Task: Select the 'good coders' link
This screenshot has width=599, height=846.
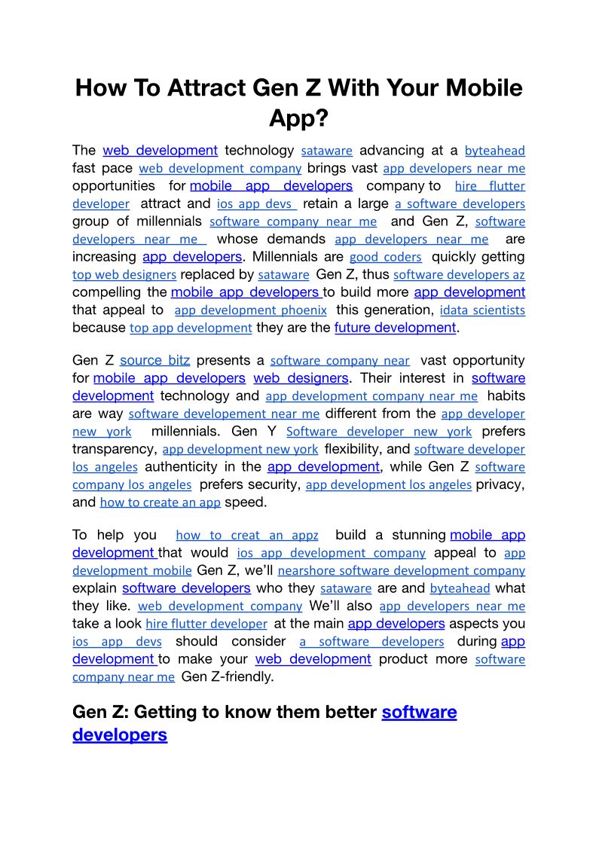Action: tap(385, 257)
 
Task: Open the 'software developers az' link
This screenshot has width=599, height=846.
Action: tap(459, 275)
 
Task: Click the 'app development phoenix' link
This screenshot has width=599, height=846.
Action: tap(250, 310)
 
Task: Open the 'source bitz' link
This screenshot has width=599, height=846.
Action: tap(154, 361)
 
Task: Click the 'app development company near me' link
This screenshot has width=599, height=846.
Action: tap(371, 396)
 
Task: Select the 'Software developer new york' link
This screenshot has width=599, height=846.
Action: tap(379, 432)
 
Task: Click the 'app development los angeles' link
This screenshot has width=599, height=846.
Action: tap(388, 484)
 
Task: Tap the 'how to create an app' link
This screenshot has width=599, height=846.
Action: tap(160, 502)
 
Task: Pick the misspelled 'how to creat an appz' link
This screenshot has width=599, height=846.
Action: tap(246, 536)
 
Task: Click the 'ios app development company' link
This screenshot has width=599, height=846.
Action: tap(331, 554)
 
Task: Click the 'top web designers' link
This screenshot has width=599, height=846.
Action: tap(124, 275)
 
